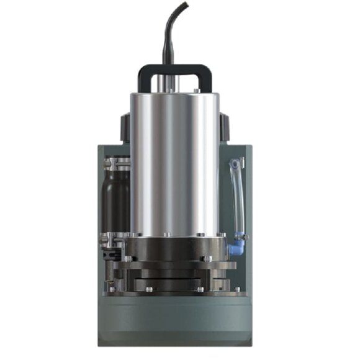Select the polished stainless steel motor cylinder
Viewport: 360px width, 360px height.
coord(174,161)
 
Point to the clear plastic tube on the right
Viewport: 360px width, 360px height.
coord(236,199)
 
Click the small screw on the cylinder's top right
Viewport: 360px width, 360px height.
coord(197,91)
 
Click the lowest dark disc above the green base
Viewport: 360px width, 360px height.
coord(174,287)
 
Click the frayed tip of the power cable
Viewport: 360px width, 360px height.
coord(186,5)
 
